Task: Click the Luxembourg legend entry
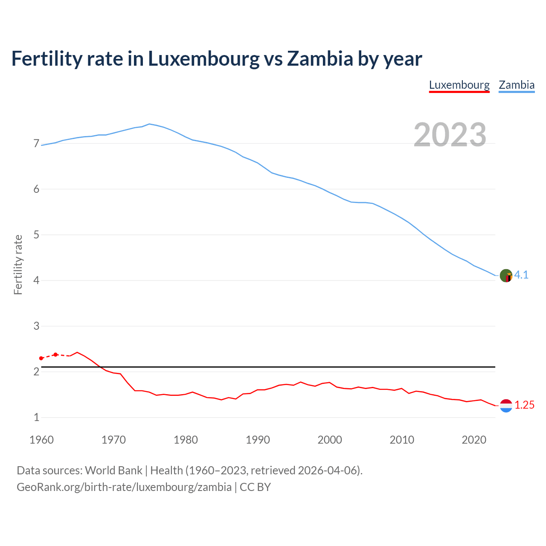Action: (459, 85)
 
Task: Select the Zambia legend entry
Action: (517, 85)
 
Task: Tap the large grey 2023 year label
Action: (450, 135)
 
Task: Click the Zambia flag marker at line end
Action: (506, 276)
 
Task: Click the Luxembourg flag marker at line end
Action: (506, 406)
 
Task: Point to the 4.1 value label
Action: (521, 275)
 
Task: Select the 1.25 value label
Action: (524, 405)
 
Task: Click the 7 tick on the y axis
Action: (36, 144)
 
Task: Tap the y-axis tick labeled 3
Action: (36, 326)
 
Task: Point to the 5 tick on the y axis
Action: (36, 235)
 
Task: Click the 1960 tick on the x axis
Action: (41, 440)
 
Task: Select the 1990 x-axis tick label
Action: (258, 440)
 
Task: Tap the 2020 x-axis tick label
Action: (474, 440)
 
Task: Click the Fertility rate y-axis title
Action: (18, 264)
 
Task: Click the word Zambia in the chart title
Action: (320, 58)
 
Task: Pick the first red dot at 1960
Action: (41, 358)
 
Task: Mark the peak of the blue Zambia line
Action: (149, 124)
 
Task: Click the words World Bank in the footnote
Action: (113, 470)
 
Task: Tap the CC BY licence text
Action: (255, 487)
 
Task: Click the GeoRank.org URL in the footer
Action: (124, 487)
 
